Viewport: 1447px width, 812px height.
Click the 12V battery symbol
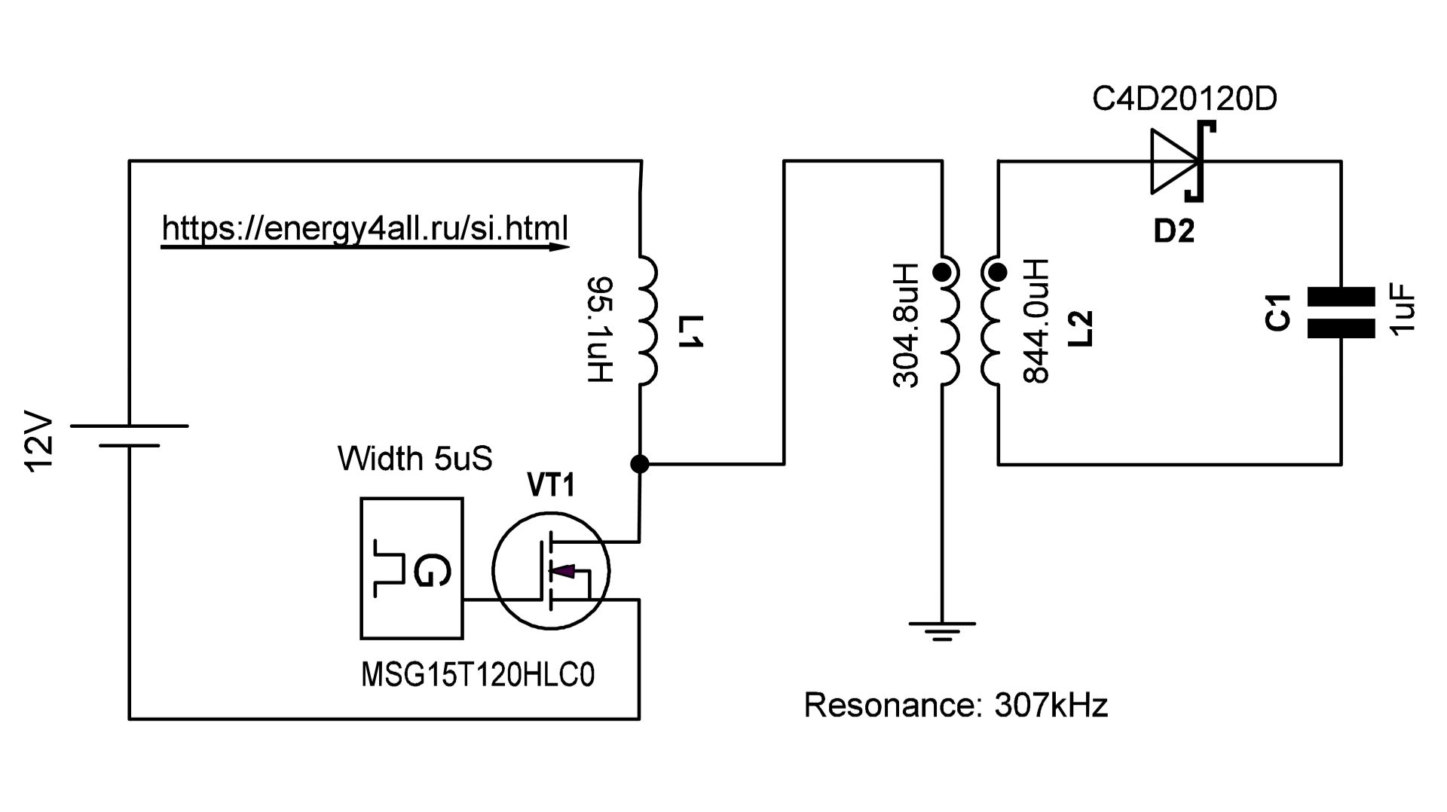129,435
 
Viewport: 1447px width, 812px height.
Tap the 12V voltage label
40,443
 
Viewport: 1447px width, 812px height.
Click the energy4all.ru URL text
365,227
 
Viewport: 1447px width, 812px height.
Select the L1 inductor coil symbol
647,321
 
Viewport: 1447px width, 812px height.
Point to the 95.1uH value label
601,329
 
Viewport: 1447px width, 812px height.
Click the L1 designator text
690,332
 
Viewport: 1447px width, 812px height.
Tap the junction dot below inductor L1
639,464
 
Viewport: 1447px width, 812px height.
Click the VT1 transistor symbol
551,570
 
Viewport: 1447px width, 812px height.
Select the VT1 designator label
550,486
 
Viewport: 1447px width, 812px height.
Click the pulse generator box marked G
411,568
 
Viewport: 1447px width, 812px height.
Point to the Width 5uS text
415,459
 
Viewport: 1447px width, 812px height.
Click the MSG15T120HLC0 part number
478,675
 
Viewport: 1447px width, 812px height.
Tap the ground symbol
942,630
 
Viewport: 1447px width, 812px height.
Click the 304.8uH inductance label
906,325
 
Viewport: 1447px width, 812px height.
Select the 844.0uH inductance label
1037,321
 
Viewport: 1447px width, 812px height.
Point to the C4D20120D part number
1185,99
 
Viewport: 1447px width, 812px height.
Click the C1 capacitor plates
1341,312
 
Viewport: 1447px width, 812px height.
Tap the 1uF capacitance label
1403,312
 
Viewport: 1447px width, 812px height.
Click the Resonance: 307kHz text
956,705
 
